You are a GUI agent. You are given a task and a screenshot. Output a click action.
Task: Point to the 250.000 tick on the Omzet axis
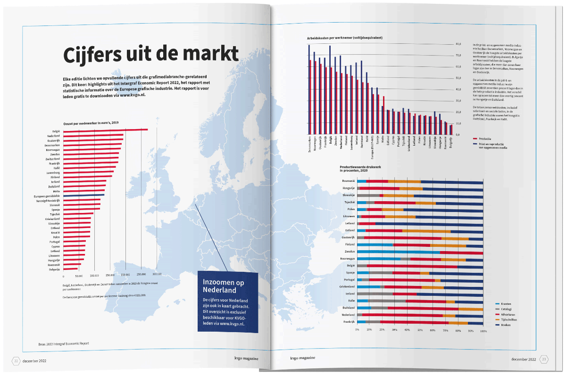tap(141, 274)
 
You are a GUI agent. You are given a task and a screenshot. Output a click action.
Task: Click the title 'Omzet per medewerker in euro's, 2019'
tap(91, 122)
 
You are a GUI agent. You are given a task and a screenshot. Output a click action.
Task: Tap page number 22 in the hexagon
tap(16, 361)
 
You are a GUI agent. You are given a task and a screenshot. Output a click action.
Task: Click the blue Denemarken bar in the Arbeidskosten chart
tap(309, 90)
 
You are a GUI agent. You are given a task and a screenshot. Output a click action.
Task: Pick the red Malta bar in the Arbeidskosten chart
tap(384, 115)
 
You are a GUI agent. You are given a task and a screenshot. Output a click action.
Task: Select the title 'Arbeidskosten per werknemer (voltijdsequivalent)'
tap(345, 37)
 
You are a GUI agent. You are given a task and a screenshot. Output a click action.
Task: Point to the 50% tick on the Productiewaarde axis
tap(420, 331)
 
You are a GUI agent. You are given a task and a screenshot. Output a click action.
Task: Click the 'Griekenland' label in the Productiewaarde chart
tap(346, 286)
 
